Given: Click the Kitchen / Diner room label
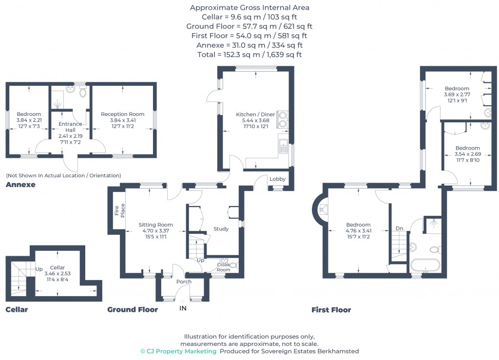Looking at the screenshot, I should click(255, 114).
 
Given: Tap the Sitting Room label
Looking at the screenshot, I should click(155, 225).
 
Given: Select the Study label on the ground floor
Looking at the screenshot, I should click(221, 228).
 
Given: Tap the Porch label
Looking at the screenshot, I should click(184, 282).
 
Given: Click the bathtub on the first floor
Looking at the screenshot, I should click(426, 266).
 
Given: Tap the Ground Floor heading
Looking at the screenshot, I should click(133, 309).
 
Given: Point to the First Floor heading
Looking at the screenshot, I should click(331, 309).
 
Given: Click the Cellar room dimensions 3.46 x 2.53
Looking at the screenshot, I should click(58, 274).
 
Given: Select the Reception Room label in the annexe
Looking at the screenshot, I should click(123, 114).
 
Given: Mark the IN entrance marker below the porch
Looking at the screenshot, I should click(183, 308).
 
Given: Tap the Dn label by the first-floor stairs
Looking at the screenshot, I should click(399, 228).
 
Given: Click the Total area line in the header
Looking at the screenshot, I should click(249, 55).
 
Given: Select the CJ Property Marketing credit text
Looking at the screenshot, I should click(178, 351).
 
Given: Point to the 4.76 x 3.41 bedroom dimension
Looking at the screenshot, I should click(358, 231).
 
